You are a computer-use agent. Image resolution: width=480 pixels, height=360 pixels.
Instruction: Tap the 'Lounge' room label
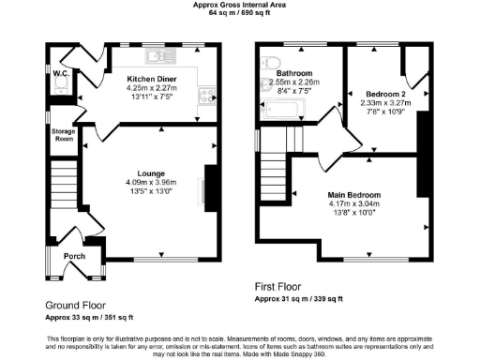point(151,172)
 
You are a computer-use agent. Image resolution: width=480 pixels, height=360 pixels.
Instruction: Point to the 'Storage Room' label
point(62,135)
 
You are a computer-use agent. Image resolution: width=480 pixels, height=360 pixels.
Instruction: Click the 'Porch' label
point(75,255)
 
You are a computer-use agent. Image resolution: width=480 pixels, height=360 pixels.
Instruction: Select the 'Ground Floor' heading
point(75,306)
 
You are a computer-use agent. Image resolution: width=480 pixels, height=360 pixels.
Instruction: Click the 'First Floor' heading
point(279,286)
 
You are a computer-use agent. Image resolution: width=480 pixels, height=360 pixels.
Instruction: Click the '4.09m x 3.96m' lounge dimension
point(151,182)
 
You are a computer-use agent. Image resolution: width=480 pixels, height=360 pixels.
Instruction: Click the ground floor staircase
point(62,191)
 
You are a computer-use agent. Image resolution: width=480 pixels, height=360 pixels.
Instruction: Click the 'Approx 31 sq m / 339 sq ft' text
point(298,299)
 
